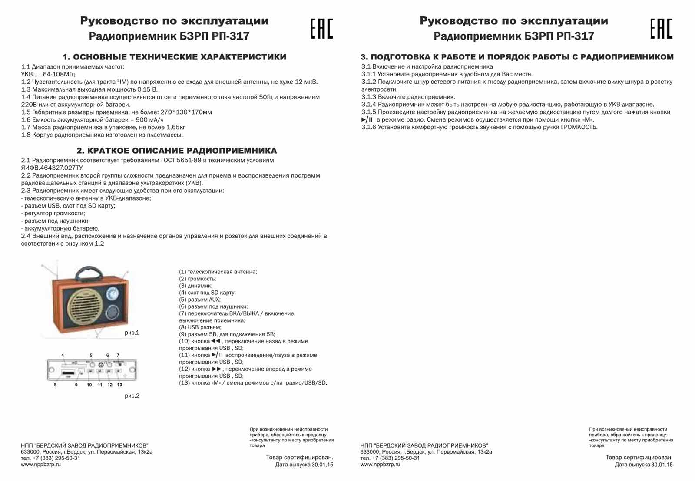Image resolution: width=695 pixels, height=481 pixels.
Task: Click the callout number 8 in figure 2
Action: [x=55, y=385]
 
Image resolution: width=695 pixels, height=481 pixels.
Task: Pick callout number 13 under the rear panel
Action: [x=119, y=385]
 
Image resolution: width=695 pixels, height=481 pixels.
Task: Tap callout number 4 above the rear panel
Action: [x=63, y=355]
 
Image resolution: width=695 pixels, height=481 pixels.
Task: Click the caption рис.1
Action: [x=132, y=333]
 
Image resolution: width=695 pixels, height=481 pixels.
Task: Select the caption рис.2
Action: [x=132, y=395]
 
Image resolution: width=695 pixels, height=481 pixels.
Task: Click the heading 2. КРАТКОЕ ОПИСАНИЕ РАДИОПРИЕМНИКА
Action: [x=177, y=151]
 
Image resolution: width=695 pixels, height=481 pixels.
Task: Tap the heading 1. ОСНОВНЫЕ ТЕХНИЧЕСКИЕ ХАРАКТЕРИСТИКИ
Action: [x=174, y=57]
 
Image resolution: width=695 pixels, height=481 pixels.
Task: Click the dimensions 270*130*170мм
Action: [x=186, y=112]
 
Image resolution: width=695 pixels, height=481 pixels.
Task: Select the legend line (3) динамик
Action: [x=195, y=286]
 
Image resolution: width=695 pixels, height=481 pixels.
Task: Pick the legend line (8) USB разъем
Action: [x=200, y=327]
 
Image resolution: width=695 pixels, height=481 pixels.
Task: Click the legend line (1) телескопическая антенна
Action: [x=218, y=272]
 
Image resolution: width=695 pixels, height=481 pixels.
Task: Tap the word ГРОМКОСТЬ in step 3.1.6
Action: [x=579, y=127]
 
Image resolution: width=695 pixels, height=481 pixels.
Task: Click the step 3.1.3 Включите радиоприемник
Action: [x=408, y=97]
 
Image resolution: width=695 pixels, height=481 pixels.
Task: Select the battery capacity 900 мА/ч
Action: [x=150, y=120]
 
